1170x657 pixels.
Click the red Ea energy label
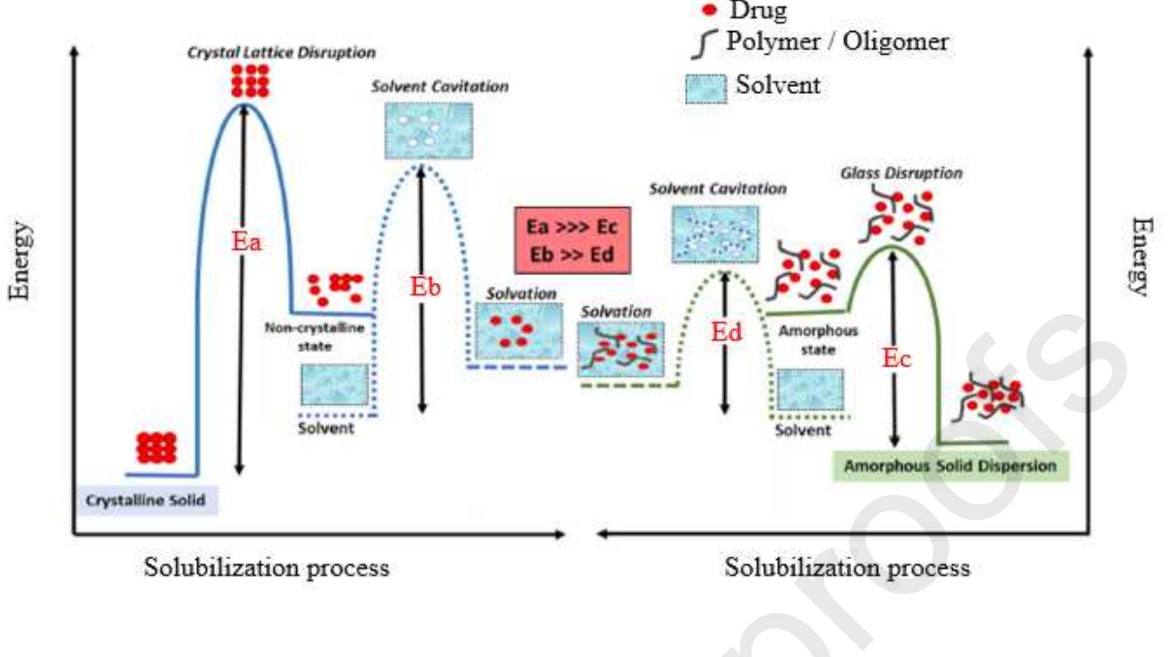pos(247,242)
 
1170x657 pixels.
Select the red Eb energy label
pos(425,287)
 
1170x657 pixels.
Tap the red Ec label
pos(896,358)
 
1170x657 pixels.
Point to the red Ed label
pos(726,332)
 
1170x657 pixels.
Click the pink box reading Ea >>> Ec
pos(572,240)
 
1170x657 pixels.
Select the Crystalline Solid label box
pos(146,500)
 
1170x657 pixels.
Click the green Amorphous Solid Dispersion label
pos(950,466)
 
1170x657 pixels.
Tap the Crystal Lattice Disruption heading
pos(281,52)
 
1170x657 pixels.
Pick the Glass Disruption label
pos(901,173)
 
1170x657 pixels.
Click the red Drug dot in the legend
pos(709,10)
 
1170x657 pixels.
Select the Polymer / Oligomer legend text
pos(837,42)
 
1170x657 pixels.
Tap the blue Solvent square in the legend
pos(705,88)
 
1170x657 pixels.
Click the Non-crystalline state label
pos(314,336)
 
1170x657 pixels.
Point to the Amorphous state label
pos(818,340)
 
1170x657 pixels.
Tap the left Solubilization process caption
pos(267,567)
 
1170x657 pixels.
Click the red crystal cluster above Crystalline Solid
pos(156,448)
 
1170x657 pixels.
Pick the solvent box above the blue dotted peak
pos(428,131)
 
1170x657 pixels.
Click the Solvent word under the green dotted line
pos(803,430)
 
